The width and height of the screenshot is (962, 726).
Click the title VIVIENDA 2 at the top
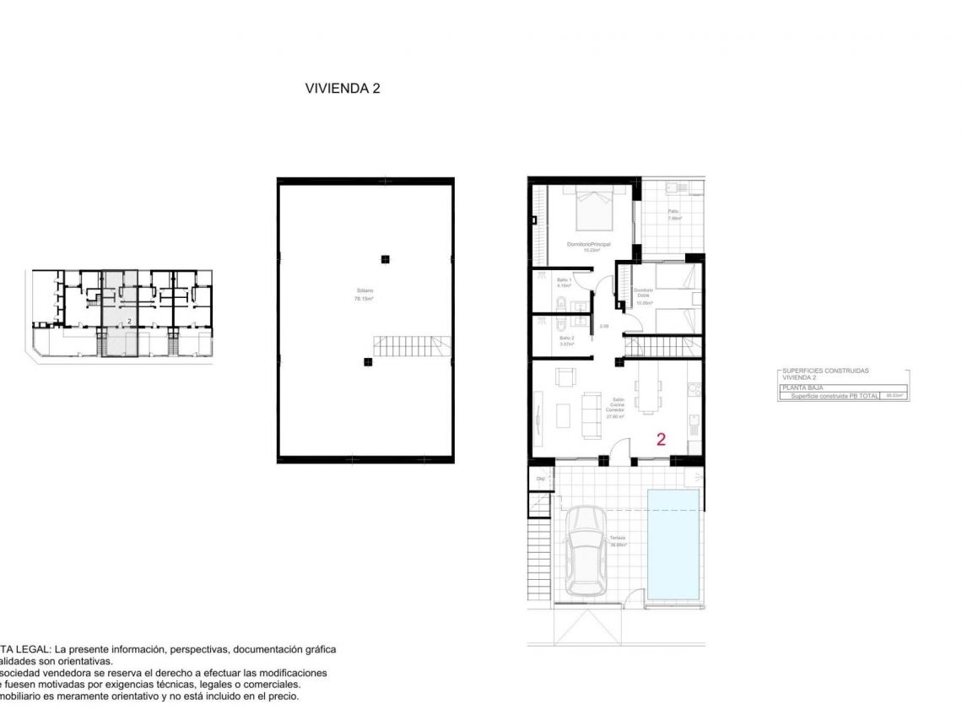(x=343, y=88)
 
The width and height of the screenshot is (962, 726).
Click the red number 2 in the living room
(x=661, y=439)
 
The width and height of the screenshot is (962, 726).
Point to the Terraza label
(x=618, y=541)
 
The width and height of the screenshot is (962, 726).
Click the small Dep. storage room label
(x=540, y=479)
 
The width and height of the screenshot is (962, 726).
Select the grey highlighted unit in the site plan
(x=119, y=312)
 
